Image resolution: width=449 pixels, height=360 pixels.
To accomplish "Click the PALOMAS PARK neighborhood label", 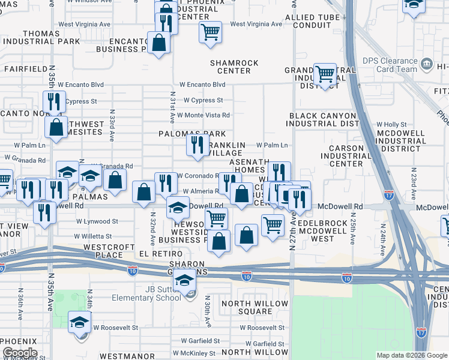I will [x=192, y=133].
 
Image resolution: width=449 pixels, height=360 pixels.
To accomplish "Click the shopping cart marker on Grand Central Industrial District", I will [x=325, y=74].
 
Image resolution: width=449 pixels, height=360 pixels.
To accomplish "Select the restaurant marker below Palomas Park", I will [x=197, y=145].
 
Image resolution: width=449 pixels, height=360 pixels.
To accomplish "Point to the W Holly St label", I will [x=391, y=124].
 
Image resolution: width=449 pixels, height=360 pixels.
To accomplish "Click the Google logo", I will [x=19, y=353].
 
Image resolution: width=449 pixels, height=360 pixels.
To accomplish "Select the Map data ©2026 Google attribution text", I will [x=411, y=355].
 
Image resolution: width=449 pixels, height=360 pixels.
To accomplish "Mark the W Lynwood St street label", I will [x=97, y=221].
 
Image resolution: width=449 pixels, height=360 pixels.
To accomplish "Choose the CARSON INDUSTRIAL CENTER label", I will [x=346, y=155].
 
